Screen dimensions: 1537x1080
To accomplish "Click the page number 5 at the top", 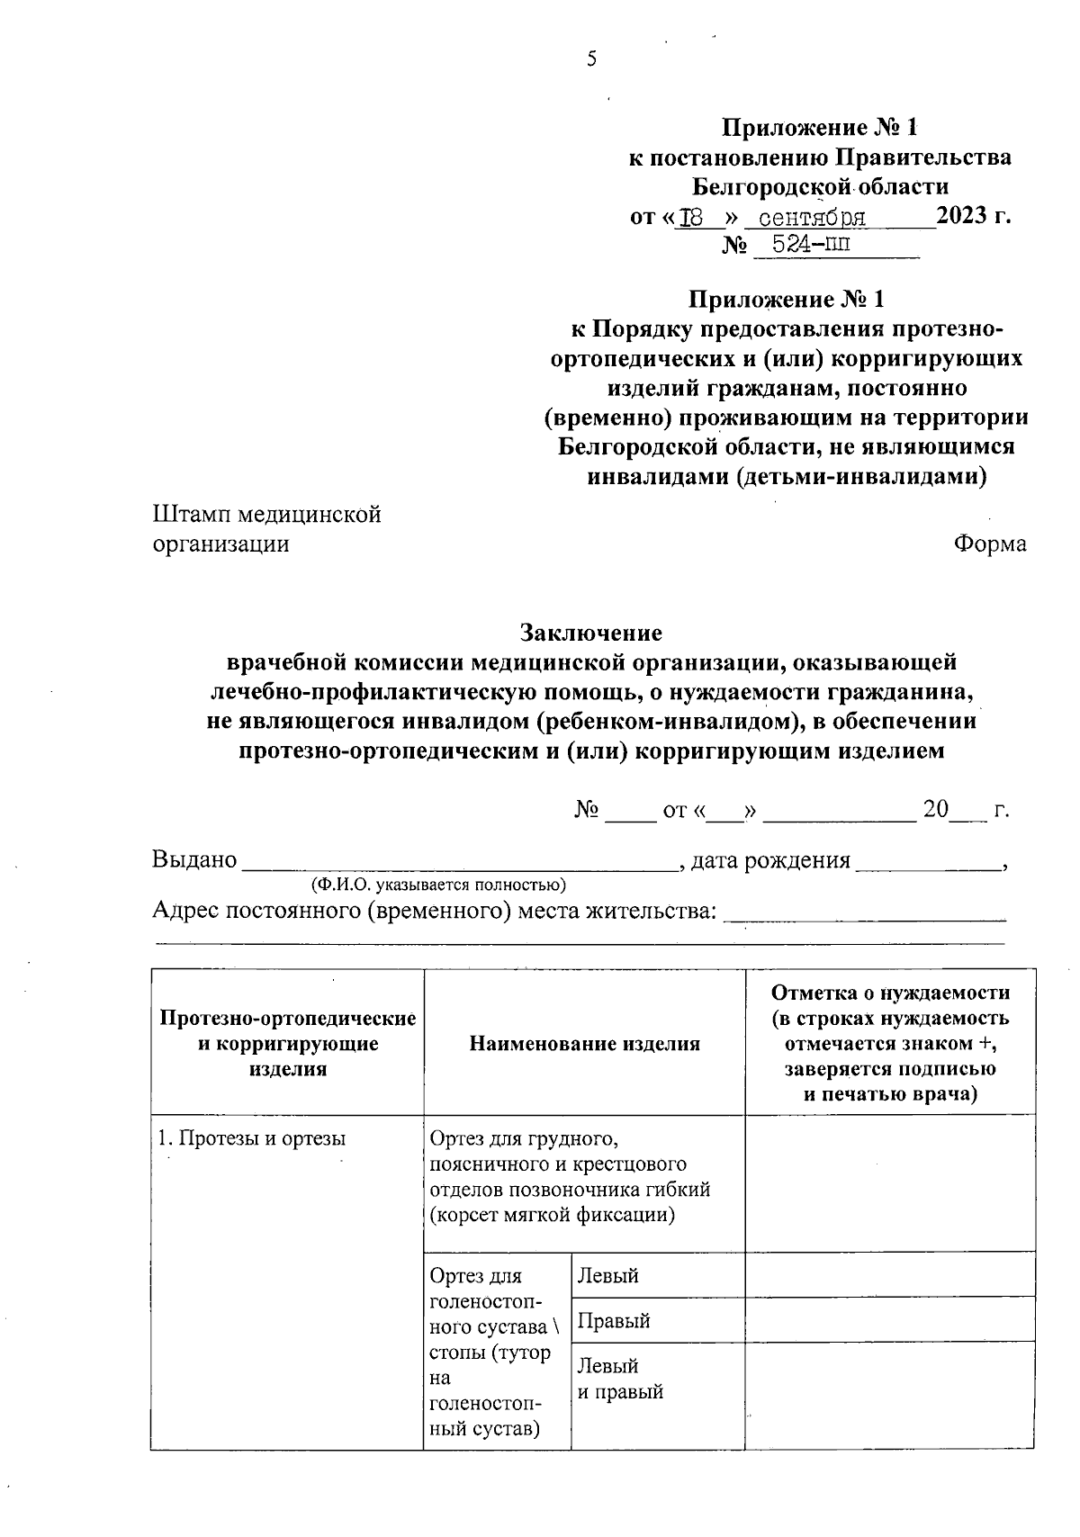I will tap(591, 60).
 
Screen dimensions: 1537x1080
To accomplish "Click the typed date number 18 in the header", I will tap(691, 219).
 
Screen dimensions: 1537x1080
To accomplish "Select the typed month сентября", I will tap(812, 219).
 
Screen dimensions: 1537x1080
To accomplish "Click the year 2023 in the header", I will tap(961, 217).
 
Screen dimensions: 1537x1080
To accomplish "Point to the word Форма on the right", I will tap(990, 544).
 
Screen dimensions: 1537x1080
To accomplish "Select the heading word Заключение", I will tap(590, 633).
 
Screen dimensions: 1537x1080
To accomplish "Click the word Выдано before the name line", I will tap(193, 860).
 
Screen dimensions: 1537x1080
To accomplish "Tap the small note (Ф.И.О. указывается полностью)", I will tap(438, 885).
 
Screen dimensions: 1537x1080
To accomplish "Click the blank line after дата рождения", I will tap(928, 864).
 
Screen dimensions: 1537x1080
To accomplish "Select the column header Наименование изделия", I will tap(584, 1044).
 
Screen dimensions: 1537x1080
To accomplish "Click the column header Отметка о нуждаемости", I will tap(890, 993).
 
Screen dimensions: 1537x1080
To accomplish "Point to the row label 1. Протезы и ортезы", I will tap(252, 1138).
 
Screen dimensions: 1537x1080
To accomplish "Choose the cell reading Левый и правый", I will tap(620, 1379).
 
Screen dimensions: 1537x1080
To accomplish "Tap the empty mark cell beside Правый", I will tap(889, 1320).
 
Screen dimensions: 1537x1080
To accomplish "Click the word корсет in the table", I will tap(469, 1215).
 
